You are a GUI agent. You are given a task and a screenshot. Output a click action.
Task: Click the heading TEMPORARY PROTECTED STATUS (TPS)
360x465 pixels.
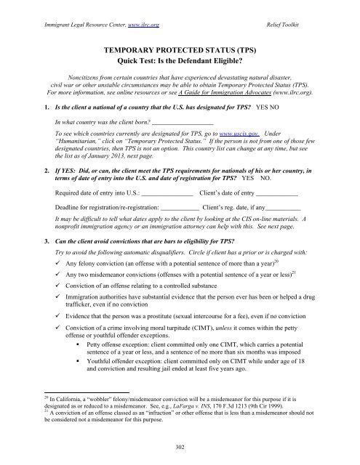pos(180,44)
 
